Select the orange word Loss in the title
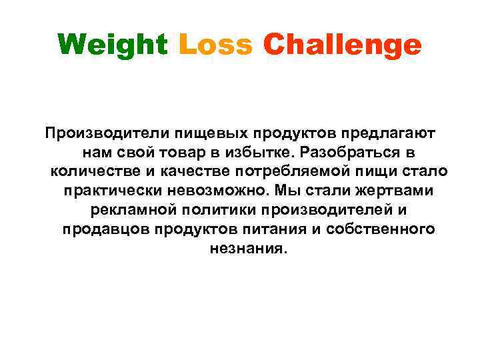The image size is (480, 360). [216, 45]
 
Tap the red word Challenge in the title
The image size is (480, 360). [342, 45]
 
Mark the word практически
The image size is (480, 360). [111, 191]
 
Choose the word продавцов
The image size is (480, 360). [107, 229]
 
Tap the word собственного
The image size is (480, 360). [382, 229]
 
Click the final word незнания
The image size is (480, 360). [240, 249]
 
